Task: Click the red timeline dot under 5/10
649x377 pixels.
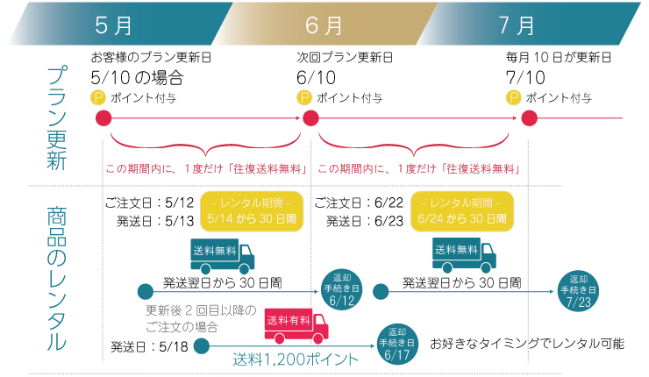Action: [103, 118]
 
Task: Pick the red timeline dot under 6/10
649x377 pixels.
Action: [310, 118]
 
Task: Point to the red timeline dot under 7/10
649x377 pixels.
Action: [528, 118]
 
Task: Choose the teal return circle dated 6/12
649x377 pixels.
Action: [342, 290]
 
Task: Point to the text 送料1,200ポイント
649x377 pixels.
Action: [296, 359]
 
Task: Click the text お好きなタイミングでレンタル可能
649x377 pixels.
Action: [526, 344]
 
